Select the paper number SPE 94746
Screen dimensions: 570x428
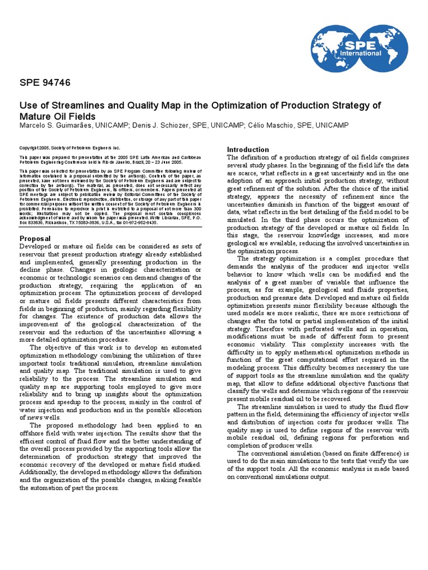[45, 83]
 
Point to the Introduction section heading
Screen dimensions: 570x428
[248, 149]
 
